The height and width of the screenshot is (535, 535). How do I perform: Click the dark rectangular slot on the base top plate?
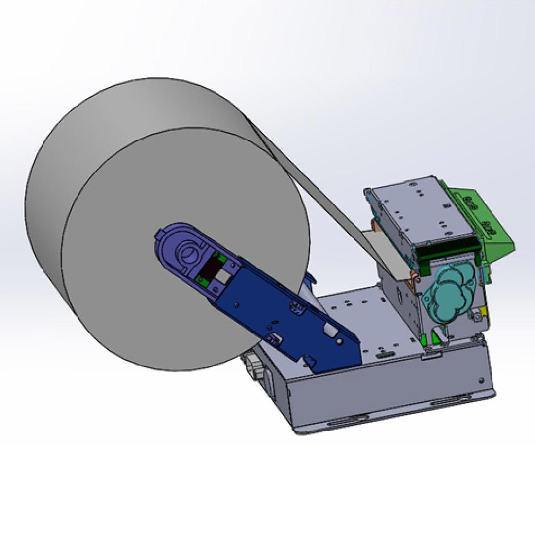coord(383,354)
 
